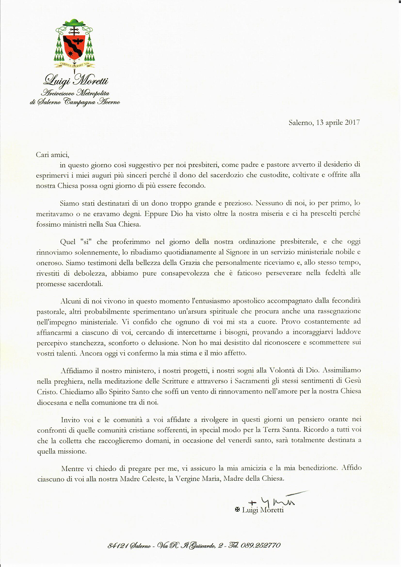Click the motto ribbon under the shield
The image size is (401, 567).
(74, 64)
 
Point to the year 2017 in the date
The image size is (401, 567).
(352, 122)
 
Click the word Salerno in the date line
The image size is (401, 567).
(300, 122)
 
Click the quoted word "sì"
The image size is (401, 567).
(85, 242)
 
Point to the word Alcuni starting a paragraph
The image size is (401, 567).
(70, 301)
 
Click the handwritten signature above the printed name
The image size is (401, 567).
(275, 500)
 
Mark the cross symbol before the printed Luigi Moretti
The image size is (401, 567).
(238, 510)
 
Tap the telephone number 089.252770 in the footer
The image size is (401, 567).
(260, 545)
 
